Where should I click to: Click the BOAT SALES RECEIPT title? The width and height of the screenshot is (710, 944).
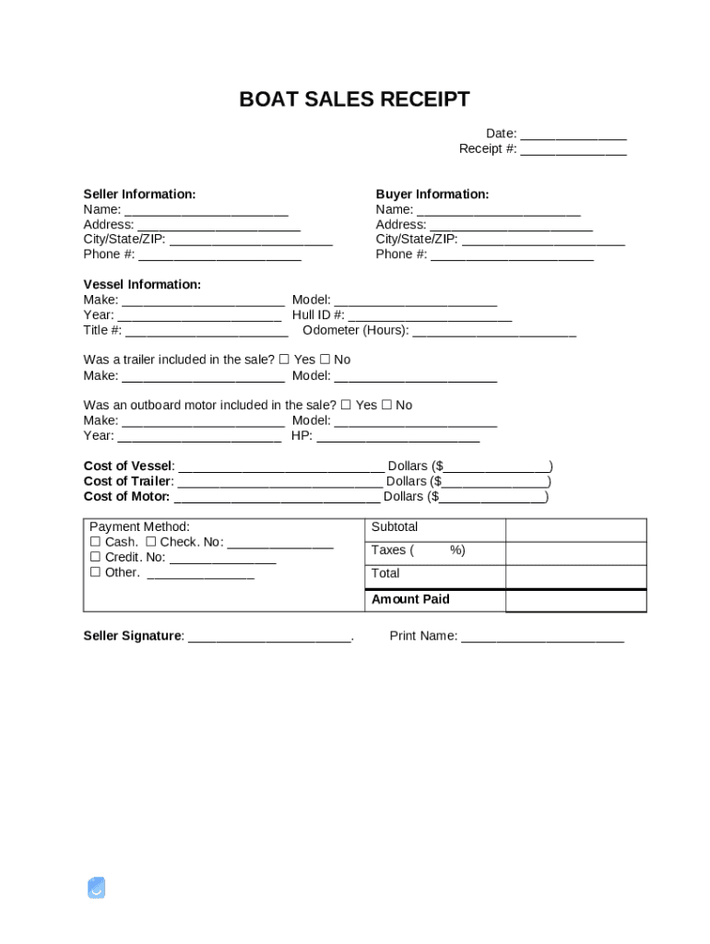[354, 100]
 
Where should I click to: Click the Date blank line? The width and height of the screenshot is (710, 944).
[573, 135]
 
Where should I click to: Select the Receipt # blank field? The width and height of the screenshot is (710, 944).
[573, 149]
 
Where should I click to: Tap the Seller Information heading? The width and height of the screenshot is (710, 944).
[139, 195]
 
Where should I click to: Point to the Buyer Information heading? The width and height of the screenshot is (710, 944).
[432, 195]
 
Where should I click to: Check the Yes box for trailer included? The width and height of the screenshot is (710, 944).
[284, 360]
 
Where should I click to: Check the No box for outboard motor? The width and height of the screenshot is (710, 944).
[386, 405]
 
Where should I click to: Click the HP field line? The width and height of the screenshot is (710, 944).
[397, 436]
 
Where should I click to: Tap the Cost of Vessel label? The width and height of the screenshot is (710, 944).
[128, 466]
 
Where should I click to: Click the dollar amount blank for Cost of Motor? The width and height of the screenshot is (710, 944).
[492, 497]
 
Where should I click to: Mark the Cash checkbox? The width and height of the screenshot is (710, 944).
[95, 542]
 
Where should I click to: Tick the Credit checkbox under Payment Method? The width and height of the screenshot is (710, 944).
[95, 558]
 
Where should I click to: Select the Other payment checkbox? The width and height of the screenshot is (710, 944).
[95, 572]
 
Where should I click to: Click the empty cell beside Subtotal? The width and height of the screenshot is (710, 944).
[575, 529]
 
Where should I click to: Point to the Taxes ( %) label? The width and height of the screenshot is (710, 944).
[418, 550]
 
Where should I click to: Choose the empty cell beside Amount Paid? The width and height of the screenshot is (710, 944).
[575, 600]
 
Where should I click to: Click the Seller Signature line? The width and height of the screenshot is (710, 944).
[269, 637]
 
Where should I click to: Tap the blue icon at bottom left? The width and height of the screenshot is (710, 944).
[96, 888]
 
